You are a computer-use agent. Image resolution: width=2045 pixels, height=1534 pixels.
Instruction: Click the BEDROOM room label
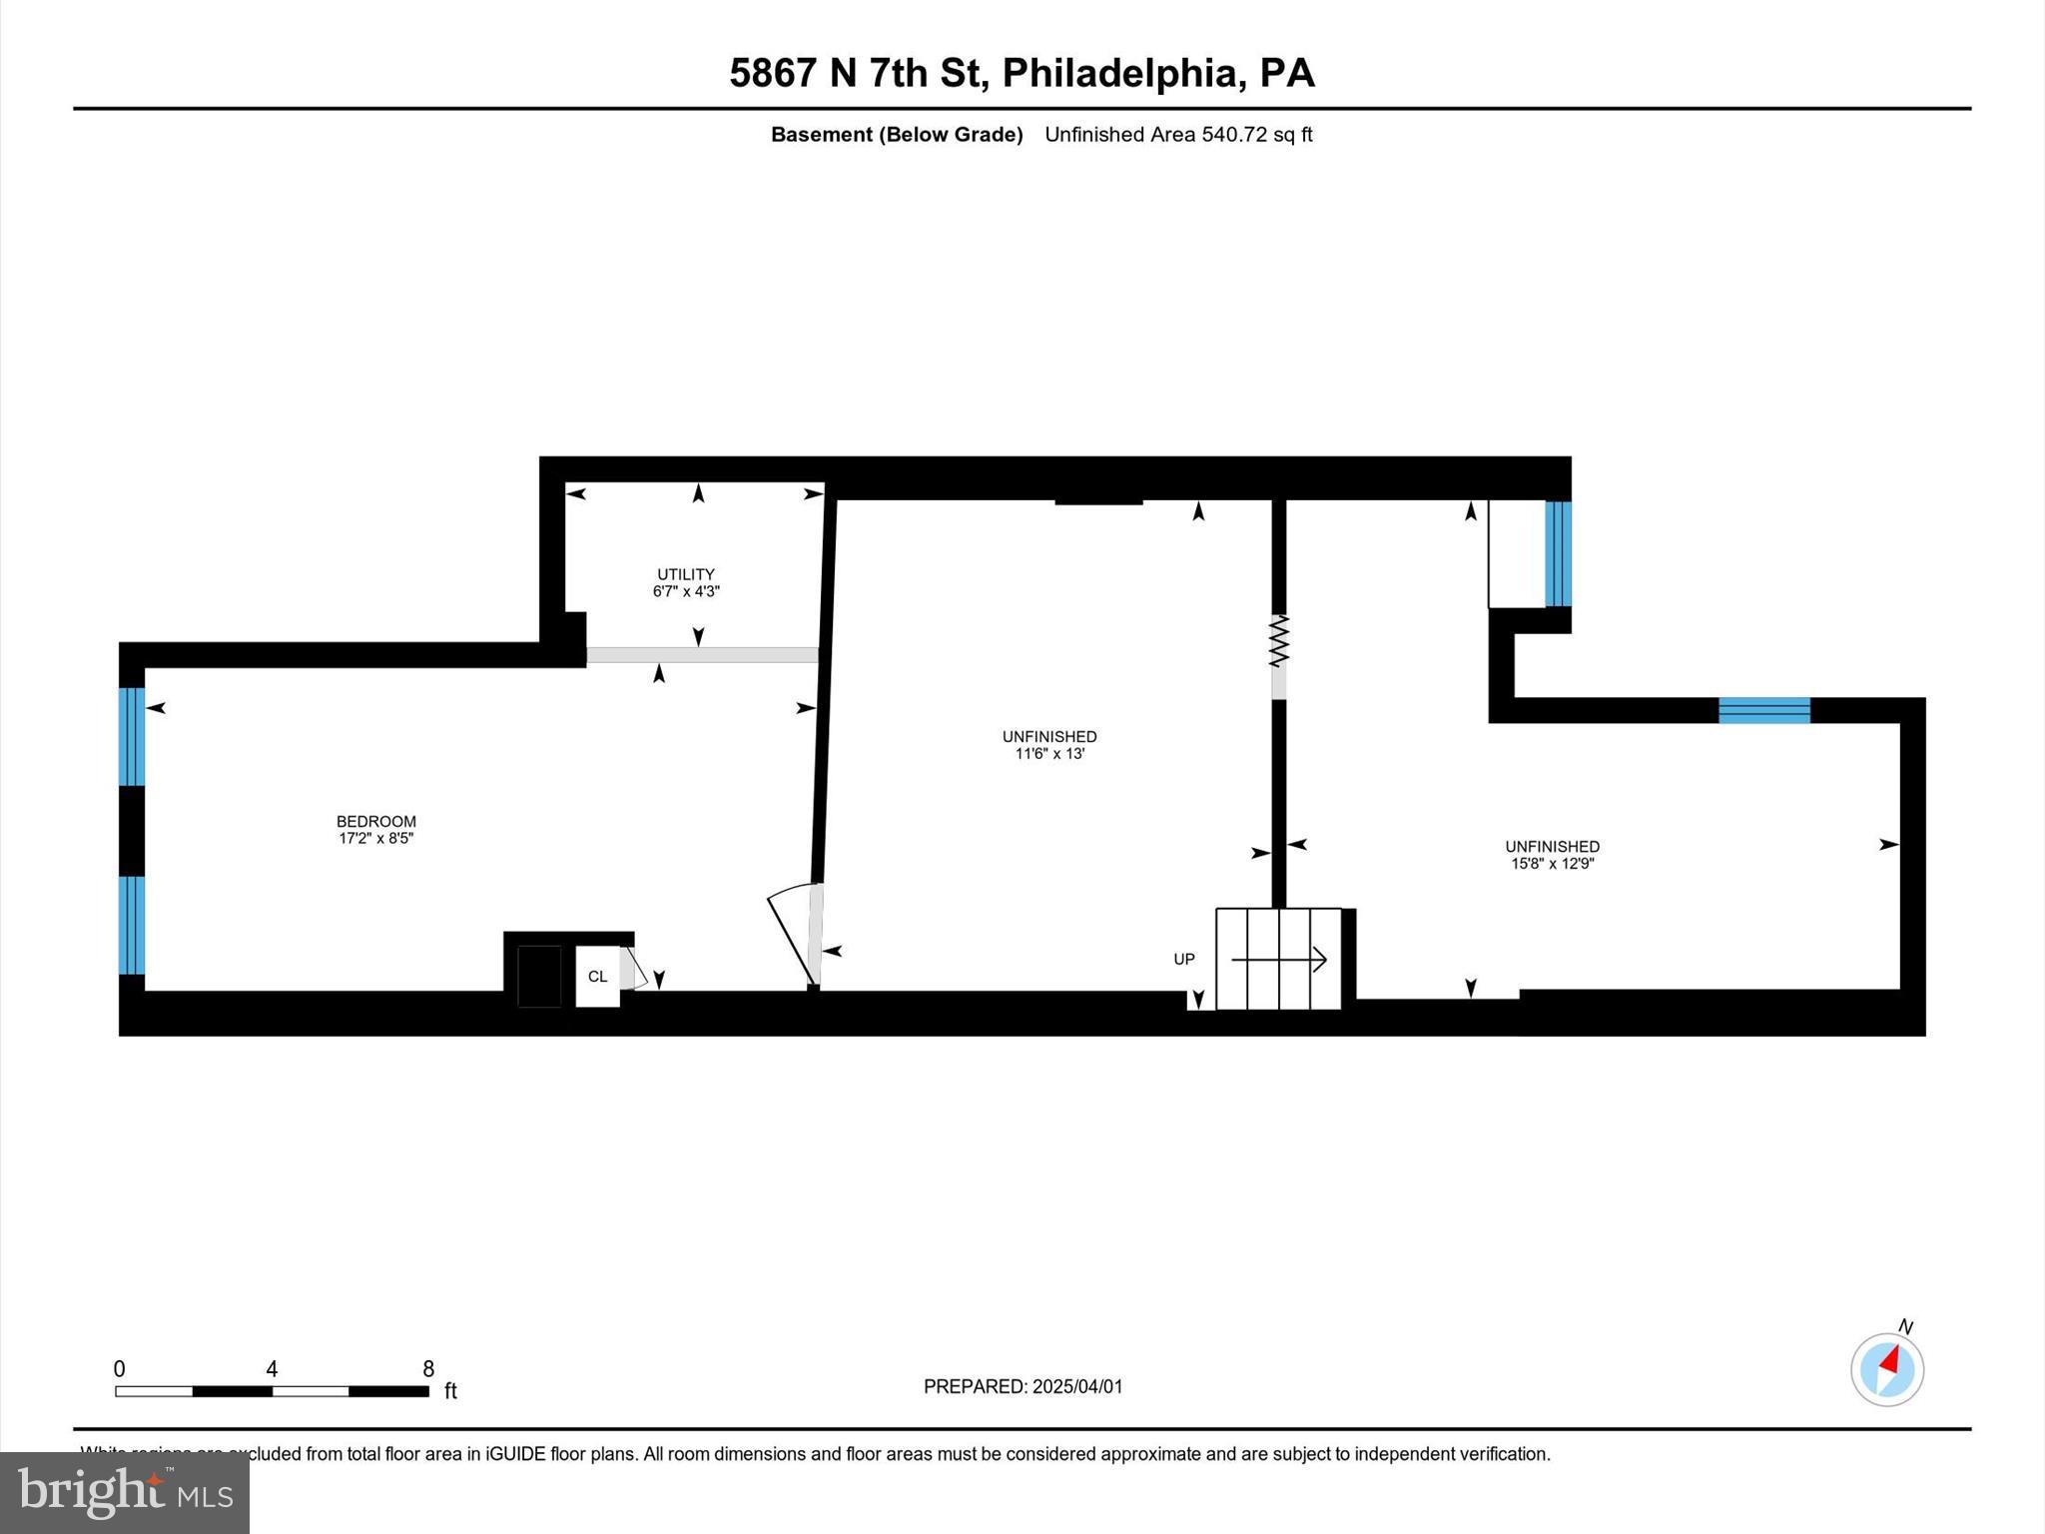point(375,821)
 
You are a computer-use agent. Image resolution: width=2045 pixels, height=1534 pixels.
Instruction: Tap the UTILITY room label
point(686,574)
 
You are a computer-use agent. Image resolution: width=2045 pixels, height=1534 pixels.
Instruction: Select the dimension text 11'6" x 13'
point(1049,754)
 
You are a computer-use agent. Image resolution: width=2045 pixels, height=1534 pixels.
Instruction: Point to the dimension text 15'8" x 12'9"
point(1552,864)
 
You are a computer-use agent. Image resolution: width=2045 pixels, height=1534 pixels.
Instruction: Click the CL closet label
point(597,977)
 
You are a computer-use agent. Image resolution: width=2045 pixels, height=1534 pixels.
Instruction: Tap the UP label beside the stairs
point(1183,959)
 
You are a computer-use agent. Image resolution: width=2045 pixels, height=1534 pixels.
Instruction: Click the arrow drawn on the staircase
point(1279,960)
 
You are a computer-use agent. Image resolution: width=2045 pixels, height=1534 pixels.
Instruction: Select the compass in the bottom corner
point(1886,1369)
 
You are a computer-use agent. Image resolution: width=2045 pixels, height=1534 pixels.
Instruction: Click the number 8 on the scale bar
point(428,1369)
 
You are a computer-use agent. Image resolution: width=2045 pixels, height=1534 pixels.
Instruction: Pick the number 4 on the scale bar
point(272,1369)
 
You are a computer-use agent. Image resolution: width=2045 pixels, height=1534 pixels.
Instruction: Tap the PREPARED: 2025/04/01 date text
point(1022,1386)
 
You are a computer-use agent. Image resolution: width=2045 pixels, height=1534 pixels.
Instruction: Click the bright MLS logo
point(125,1492)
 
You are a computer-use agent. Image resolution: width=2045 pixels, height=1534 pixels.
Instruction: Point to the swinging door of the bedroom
point(791,934)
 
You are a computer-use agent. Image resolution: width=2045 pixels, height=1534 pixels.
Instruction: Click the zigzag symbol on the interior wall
point(1279,641)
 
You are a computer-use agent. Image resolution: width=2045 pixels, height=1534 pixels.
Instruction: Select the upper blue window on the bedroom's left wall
point(132,736)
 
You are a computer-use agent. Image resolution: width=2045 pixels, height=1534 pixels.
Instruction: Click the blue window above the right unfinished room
point(1763,710)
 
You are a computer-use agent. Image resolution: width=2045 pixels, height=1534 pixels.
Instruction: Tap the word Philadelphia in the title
point(1123,74)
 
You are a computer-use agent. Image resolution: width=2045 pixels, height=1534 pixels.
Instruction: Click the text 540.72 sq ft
point(1256,135)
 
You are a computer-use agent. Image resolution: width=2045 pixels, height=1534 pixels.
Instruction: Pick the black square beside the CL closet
point(539,976)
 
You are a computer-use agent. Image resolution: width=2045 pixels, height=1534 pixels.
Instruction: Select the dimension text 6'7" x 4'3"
point(686,591)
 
